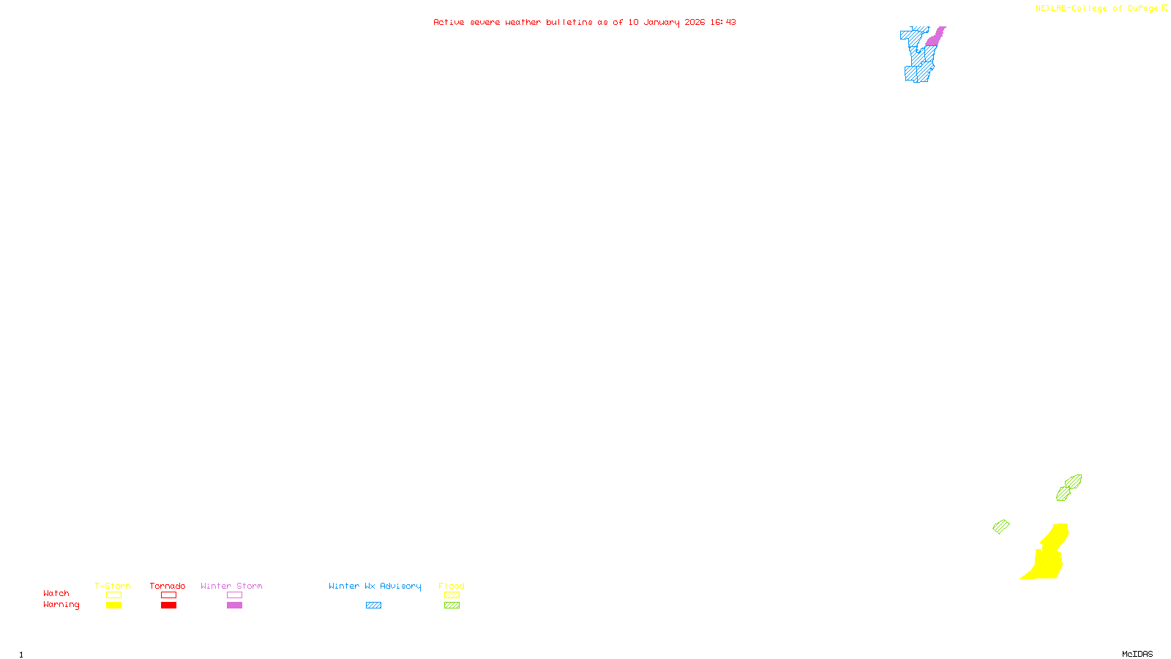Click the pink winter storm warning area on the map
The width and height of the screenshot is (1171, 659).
coord(935,37)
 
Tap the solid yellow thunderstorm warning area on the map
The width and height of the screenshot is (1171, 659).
coord(1047,560)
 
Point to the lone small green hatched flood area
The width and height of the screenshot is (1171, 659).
coord(1000,526)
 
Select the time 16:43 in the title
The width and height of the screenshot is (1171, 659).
coord(722,22)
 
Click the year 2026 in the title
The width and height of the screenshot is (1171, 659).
coord(695,22)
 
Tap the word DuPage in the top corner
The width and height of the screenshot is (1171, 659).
coord(1142,8)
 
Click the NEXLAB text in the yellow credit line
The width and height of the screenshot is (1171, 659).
coord(1051,8)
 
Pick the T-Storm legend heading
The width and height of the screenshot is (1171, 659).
coord(113,586)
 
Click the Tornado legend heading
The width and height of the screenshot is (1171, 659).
coord(168,586)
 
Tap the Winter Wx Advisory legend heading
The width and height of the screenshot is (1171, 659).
coord(375,586)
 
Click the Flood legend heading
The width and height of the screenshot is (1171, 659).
coord(452,586)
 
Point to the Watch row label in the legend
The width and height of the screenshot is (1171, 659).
coord(56,593)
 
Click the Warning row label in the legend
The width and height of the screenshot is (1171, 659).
coord(61,605)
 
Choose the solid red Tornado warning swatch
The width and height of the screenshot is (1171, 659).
coord(168,606)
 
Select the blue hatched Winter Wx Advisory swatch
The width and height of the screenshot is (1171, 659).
coord(373,606)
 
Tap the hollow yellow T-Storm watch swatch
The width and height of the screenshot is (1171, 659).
coord(113,595)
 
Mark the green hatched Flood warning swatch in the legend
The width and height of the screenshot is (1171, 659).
coord(452,606)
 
